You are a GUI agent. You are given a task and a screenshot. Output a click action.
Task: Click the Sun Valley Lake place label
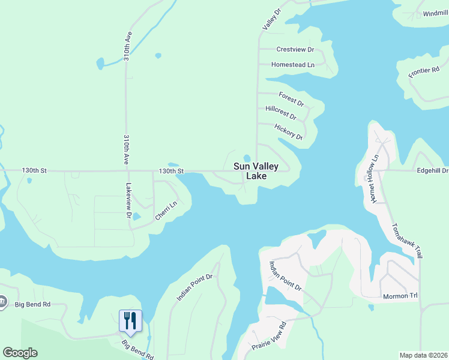pyautogui.click(x=255, y=171)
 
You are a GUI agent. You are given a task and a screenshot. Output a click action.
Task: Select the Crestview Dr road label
pyautogui.click(x=295, y=49)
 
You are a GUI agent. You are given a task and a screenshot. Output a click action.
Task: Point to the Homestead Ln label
pyautogui.click(x=293, y=64)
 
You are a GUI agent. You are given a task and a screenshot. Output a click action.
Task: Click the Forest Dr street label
pyautogui.click(x=291, y=99)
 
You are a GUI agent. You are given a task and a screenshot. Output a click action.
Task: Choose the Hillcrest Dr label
pyautogui.click(x=280, y=112)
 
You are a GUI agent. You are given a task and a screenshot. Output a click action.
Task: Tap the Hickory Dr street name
pyautogui.click(x=288, y=131)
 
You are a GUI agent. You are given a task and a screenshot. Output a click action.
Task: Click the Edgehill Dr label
pyautogui.click(x=432, y=170)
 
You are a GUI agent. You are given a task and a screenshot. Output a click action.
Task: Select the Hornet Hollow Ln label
pyautogui.click(x=375, y=179)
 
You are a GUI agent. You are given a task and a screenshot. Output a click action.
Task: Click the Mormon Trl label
pyautogui.click(x=400, y=296)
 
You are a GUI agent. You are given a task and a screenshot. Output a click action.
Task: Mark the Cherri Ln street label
pyautogui.click(x=166, y=210)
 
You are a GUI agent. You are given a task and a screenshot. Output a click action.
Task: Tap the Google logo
pyautogui.click(x=20, y=353)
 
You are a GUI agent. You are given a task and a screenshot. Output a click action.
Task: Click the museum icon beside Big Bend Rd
pyautogui.click(x=2, y=302)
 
